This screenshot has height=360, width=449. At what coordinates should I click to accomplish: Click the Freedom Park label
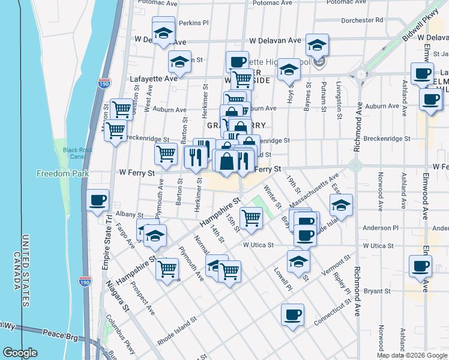point(62,174)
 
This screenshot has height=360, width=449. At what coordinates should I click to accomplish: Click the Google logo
point(21,353)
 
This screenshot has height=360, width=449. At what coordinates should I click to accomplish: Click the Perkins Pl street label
point(194,23)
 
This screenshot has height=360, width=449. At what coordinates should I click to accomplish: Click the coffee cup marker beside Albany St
point(97,200)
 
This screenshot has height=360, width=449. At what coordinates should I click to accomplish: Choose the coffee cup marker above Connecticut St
point(292,315)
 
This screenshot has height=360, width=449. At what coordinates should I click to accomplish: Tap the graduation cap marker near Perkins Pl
point(163,34)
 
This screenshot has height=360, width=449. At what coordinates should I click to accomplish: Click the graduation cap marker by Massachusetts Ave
point(341,205)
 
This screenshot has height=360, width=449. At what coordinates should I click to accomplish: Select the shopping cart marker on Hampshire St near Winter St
point(251,218)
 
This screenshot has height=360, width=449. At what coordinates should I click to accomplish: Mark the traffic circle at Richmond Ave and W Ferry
point(356,166)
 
